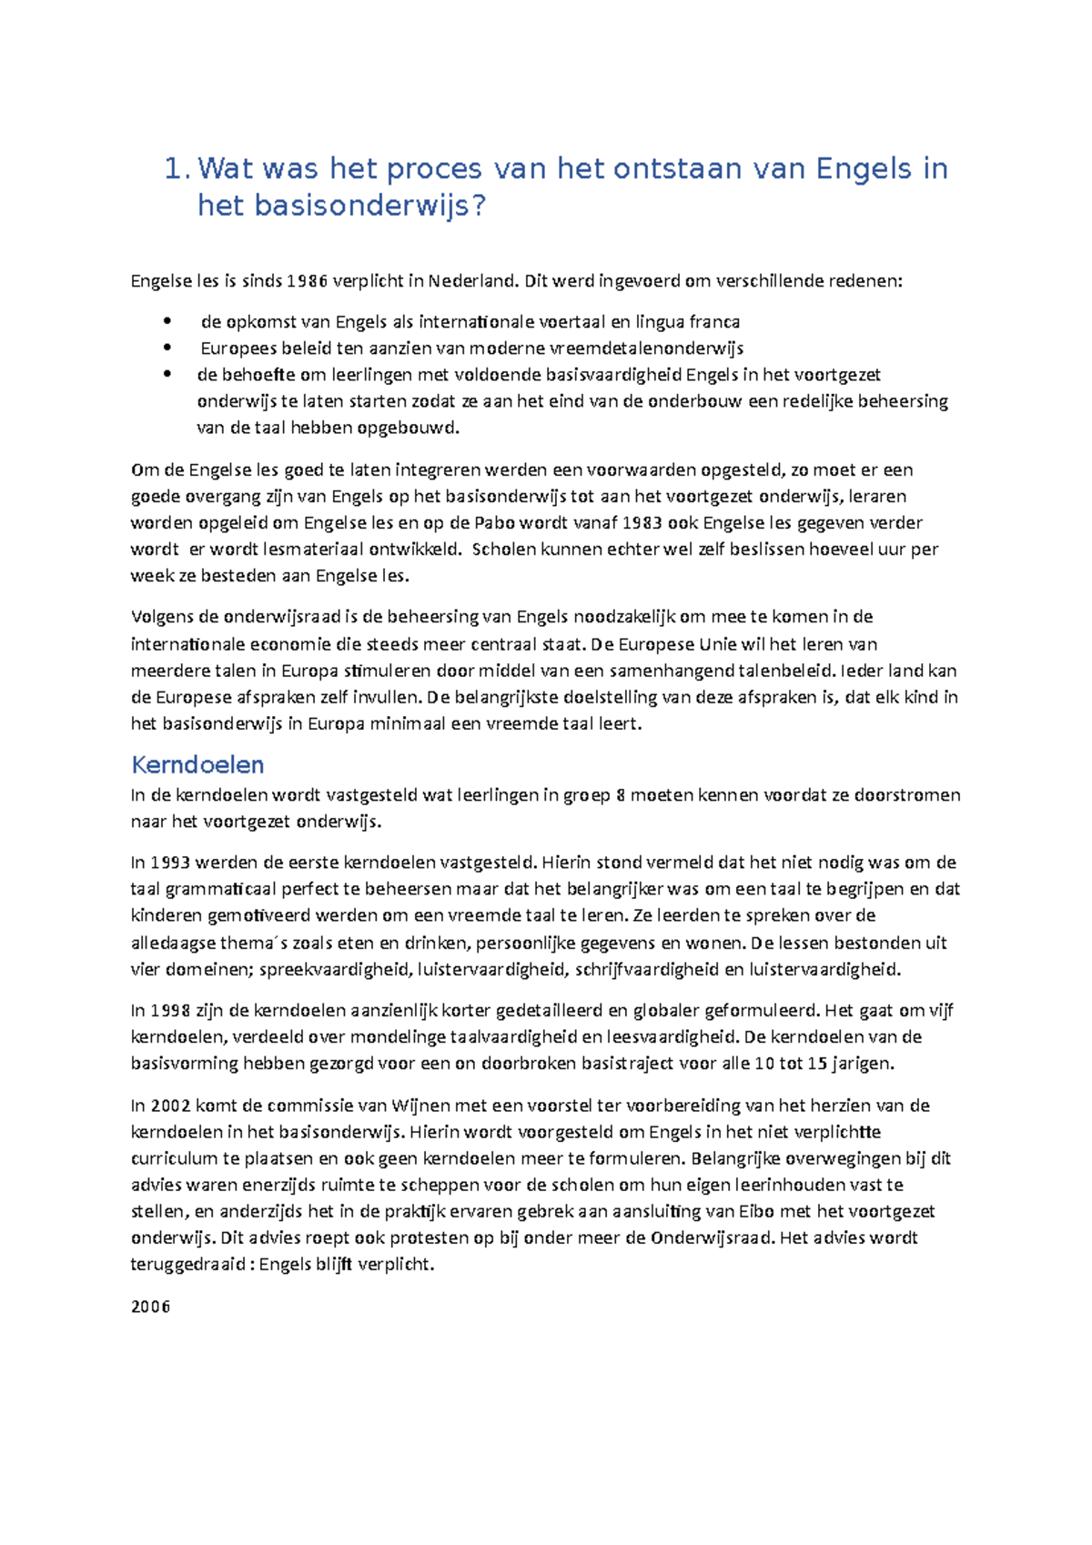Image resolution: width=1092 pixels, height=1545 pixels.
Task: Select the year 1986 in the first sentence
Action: (307, 281)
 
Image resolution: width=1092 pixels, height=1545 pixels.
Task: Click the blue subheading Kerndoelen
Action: (197, 764)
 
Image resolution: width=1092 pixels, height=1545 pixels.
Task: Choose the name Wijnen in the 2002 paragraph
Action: (414, 1106)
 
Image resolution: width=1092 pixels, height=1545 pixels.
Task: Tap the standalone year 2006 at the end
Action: (150, 1308)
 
